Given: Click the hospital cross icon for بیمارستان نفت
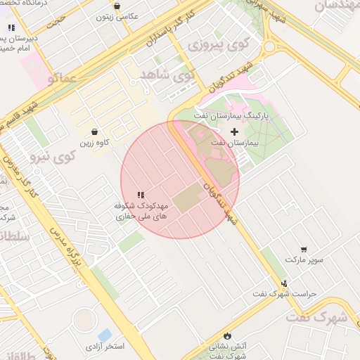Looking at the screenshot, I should [234, 131].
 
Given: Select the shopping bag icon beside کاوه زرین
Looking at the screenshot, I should [95, 131].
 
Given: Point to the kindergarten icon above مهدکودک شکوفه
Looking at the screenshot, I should [141, 195].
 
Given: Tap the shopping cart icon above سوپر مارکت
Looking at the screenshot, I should [304, 249].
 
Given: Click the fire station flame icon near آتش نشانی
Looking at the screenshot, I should [226, 335].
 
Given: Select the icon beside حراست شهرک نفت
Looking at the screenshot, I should [284, 284].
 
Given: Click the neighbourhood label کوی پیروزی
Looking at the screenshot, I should [219, 45].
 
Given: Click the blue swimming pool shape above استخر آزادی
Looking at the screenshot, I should [105, 335].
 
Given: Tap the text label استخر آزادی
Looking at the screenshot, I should [105, 347].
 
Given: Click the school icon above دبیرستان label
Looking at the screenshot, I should [11, 27].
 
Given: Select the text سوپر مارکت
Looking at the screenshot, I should [304, 260].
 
